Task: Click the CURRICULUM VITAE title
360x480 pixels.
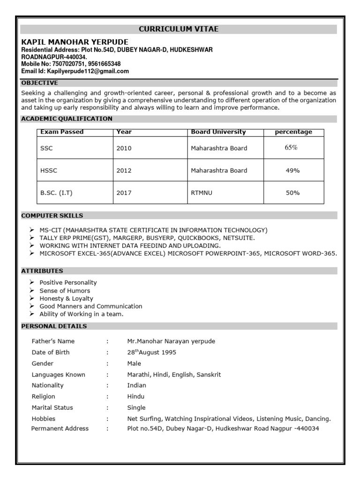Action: [179, 29]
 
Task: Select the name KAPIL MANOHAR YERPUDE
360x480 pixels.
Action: [75, 42]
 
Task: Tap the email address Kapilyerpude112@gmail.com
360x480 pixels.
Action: [88, 71]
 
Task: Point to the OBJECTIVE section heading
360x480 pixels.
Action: [39, 82]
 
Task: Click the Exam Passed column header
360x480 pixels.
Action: [62, 132]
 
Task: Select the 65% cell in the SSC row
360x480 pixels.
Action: [291, 148]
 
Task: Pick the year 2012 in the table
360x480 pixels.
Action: [124, 171]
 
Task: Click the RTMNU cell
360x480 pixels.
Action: [201, 193]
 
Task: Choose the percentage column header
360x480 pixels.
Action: [293, 132]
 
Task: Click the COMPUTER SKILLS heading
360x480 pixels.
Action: [52, 216]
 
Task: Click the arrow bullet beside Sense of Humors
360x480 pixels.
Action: [31, 291]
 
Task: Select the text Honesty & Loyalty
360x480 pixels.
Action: [66, 299]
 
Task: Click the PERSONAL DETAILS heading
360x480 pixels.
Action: [54, 326]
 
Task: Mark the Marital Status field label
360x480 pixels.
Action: [52, 407]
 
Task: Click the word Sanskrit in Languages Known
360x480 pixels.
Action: [209, 375]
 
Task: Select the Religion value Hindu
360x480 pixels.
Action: [135, 397]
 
